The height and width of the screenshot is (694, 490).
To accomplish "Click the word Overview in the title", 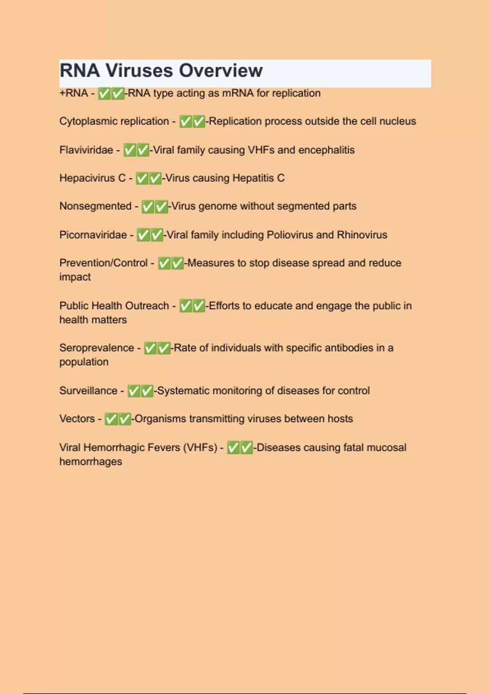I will [x=220, y=71].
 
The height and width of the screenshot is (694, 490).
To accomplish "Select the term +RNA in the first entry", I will [x=73, y=93].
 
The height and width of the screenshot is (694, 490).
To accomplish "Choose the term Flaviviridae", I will [x=86, y=150].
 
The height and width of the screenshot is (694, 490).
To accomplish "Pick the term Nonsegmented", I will [x=95, y=206].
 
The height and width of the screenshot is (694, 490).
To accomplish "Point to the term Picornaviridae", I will [x=93, y=235].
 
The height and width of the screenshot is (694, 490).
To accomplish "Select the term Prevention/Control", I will [x=103, y=263].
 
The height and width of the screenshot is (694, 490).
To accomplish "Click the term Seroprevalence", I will [x=96, y=348].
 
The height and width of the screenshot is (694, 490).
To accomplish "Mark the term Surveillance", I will [x=88, y=391].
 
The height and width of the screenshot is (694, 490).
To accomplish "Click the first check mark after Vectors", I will [x=111, y=419].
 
